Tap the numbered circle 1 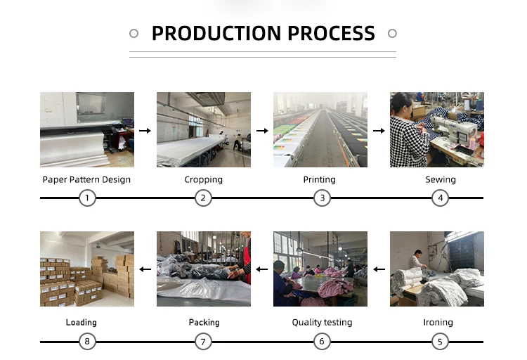pyautogui.click(x=87, y=198)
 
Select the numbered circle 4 pyautogui.click(x=440, y=198)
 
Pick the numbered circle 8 pyautogui.click(x=87, y=342)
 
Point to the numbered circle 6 pyautogui.click(x=322, y=342)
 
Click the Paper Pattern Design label pyautogui.click(x=86, y=179)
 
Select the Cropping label pyautogui.click(x=204, y=179)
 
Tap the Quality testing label pyautogui.click(x=322, y=322)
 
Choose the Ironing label pyautogui.click(x=439, y=322)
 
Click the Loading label pyautogui.click(x=81, y=322)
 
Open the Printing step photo pyautogui.click(x=320, y=129)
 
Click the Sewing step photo pyautogui.click(x=437, y=129)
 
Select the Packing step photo pyautogui.click(x=204, y=269)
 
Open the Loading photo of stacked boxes pyautogui.click(x=87, y=269)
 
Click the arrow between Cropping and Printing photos pyautogui.click(x=262, y=130)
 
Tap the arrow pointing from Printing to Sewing pyautogui.click(x=379, y=130)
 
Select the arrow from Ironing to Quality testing pyautogui.click(x=379, y=269)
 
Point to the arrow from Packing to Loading pyautogui.click(x=145, y=269)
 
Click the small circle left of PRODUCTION pyautogui.click(x=134, y=33)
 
